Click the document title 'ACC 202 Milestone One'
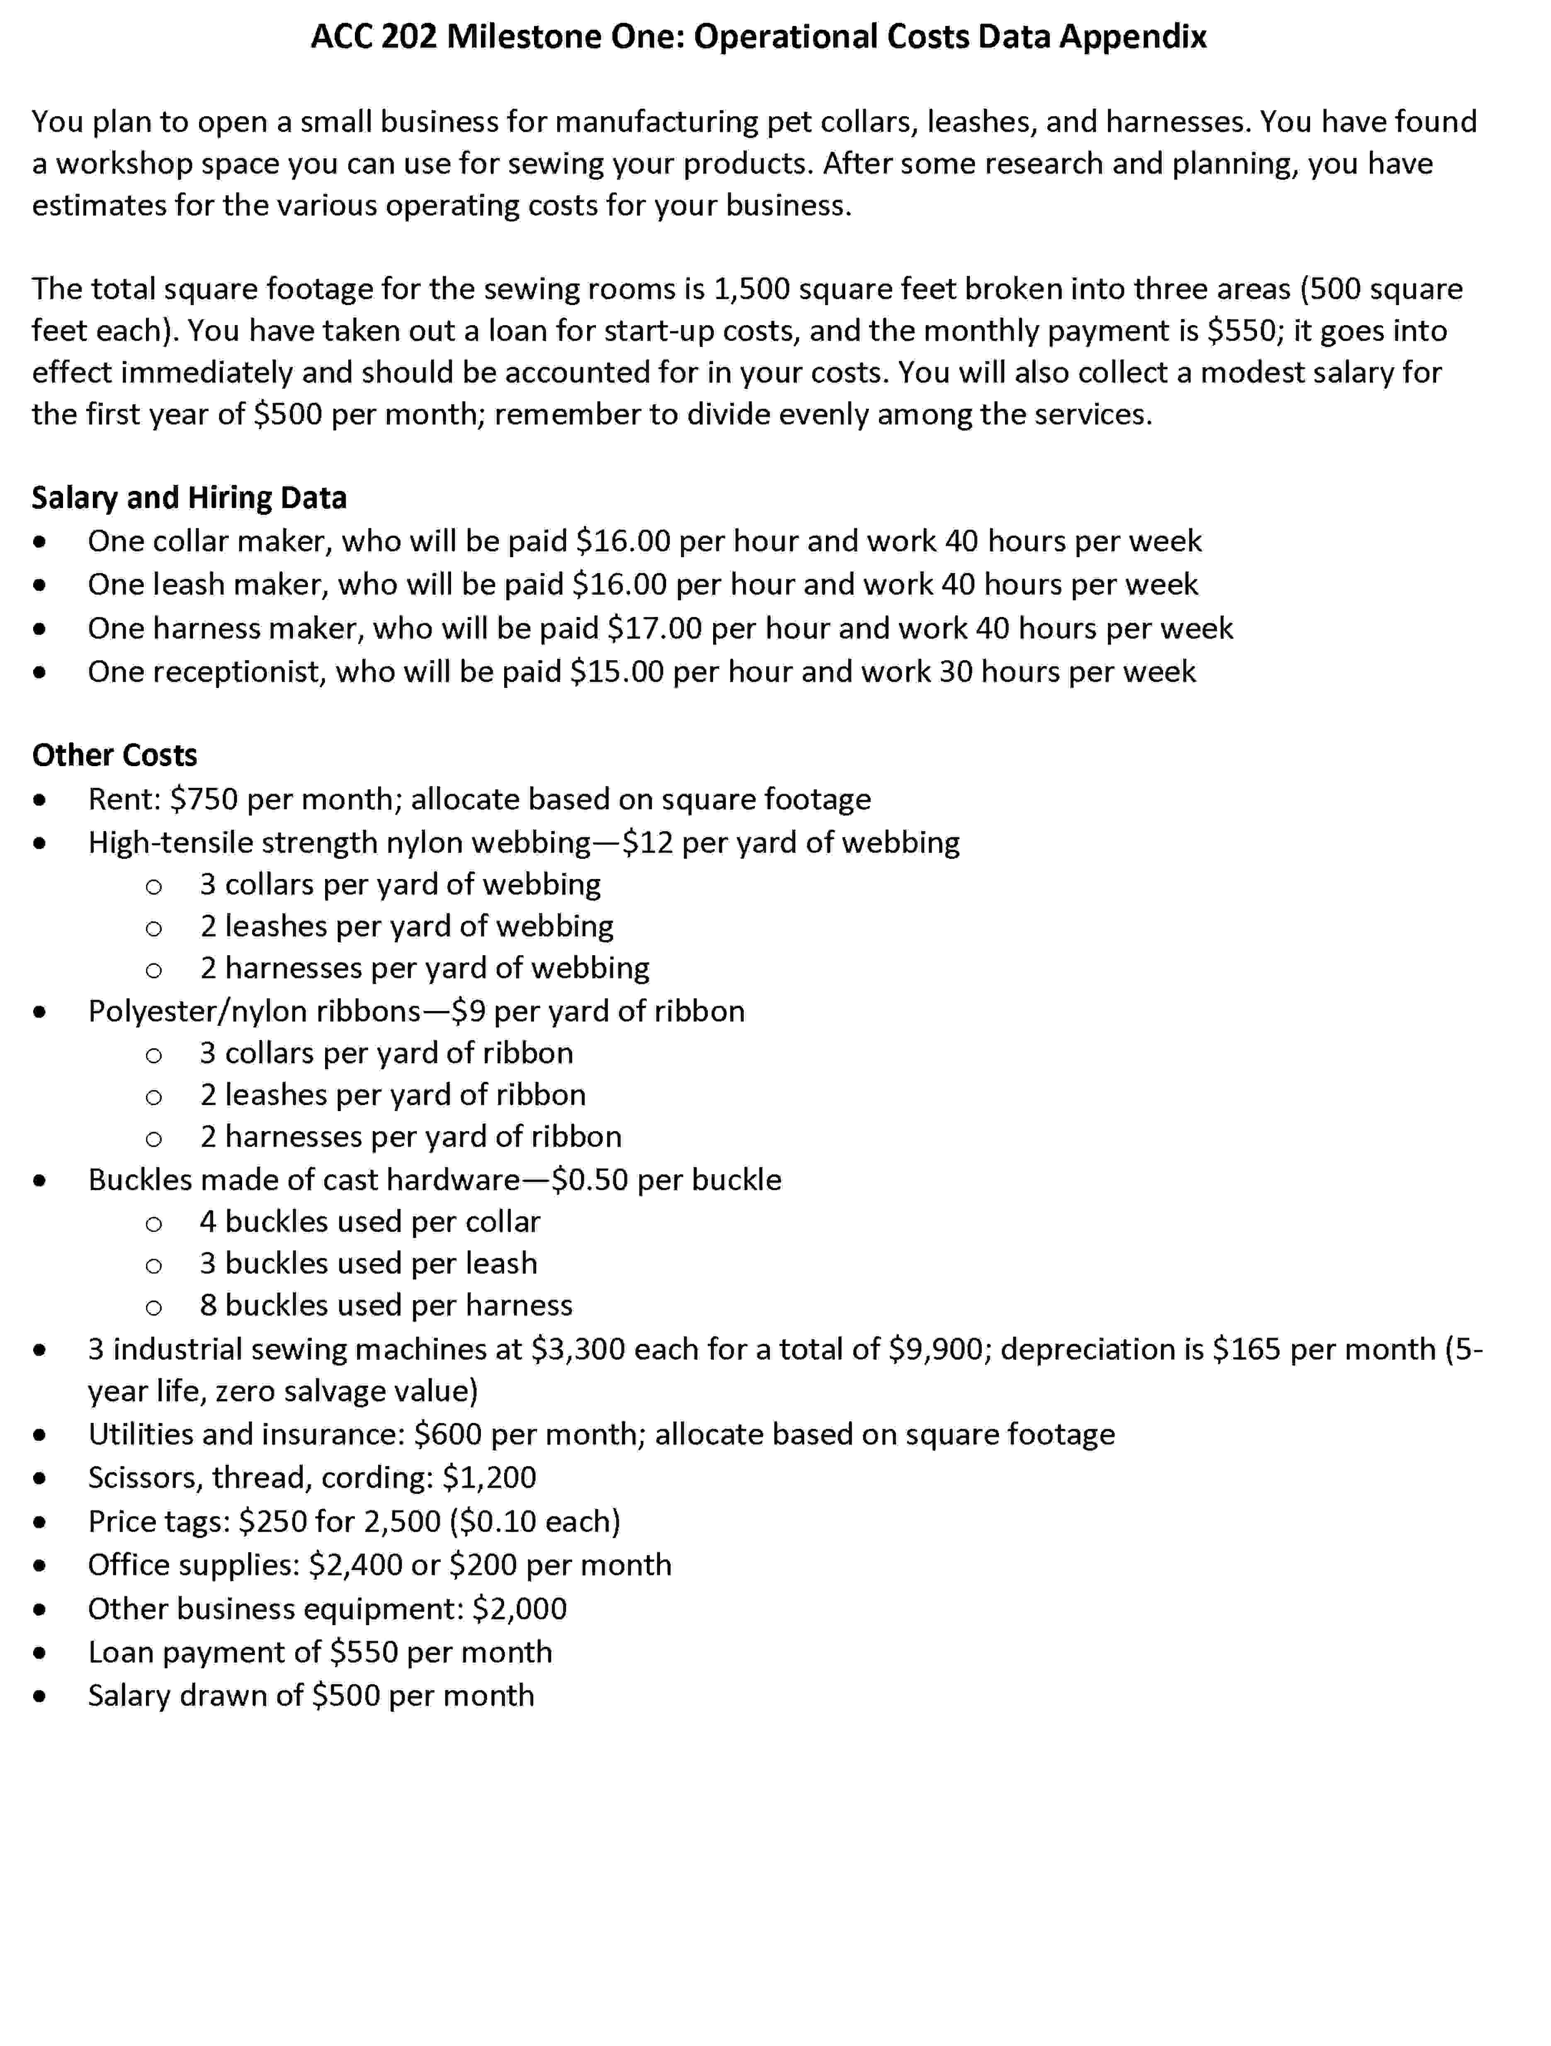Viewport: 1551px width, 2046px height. (x=758, y=37)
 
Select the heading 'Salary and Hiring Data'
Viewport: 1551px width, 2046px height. (x=189, y=498)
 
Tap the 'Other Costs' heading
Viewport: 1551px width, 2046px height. (x=115, y=755)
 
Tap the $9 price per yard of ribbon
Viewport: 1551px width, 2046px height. (x=468, y=1011)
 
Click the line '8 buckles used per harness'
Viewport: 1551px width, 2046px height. (x=386, y=1305)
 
